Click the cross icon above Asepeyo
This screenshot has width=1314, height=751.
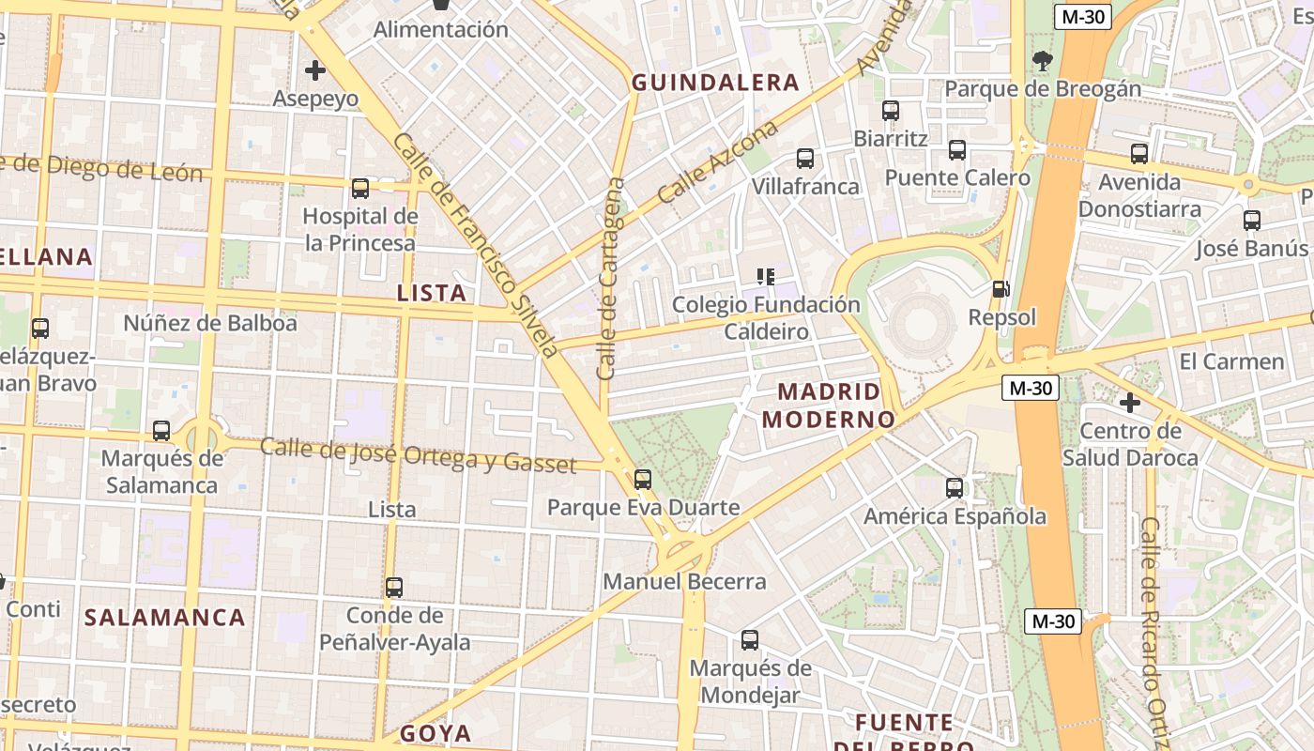tap(315, 70)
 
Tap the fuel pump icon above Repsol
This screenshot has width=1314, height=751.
tap(1002, 290)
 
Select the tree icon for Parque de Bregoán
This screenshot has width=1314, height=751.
tap(1042, 62)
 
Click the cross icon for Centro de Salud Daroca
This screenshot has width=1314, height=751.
tap(1130, 403)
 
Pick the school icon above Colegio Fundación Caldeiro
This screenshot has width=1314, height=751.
tap(766, 277)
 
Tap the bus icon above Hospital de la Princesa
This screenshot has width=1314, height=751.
tap(360, 189)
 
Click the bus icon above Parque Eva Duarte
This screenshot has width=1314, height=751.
tap(643, 480)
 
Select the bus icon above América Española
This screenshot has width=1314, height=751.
tap(955, 488)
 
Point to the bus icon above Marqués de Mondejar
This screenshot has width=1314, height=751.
tap(750, 640)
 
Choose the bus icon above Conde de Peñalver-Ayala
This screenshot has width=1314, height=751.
tap(394, 588)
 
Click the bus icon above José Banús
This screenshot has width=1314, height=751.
tap(1252, 221)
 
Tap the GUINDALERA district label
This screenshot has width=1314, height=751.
tap(715, 83)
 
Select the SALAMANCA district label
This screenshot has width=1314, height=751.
tap(165, 617)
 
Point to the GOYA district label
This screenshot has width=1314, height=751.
tap(435, 733)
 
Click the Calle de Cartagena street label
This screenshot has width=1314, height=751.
tap(610, 278)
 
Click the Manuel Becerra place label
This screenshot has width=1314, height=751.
tap(684, 581)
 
